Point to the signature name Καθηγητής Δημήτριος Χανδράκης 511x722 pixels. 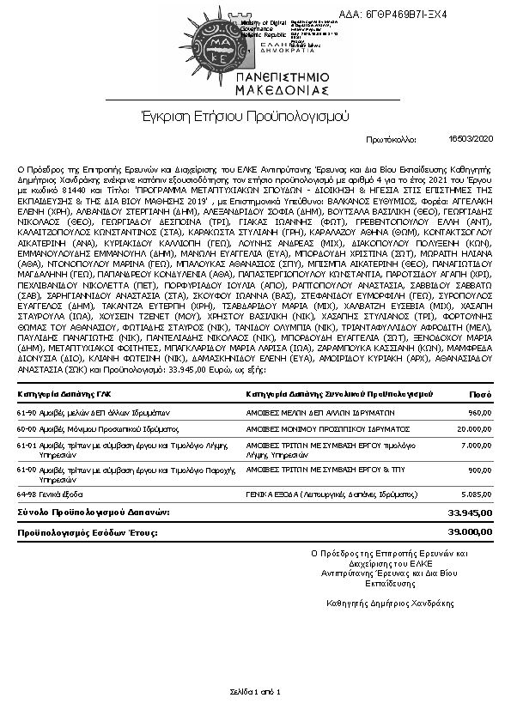point(391,603)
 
